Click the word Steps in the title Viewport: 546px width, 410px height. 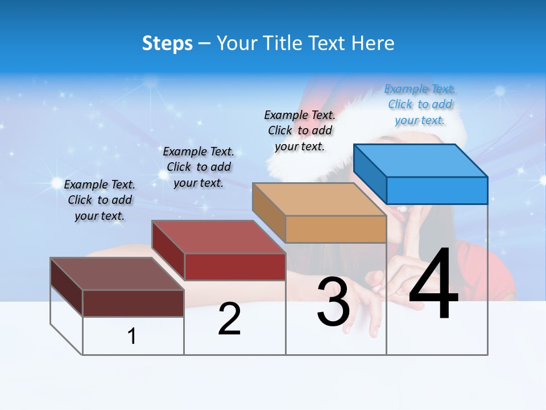[167, 43]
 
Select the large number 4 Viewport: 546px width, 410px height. [433, 285]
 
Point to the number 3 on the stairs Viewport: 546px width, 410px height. [333, 302]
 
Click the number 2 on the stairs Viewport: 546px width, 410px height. [229, 319]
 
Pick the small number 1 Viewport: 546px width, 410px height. [132, 336]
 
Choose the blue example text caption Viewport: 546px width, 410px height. [420, 104]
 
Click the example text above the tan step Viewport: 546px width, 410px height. [300, 130]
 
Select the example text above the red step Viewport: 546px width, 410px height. [198, 167]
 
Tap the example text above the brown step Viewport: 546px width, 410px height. [100, 200]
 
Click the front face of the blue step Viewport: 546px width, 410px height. [437, 190]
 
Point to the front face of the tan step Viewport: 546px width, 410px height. [336, 229]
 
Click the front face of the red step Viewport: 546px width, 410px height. [235, 266]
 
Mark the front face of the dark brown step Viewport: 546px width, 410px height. [133, 303]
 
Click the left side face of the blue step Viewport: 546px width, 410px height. [370, 173]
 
